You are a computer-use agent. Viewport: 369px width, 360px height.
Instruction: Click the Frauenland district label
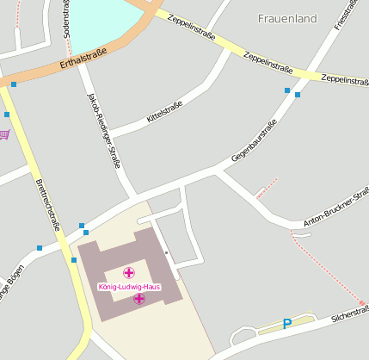(287, 18)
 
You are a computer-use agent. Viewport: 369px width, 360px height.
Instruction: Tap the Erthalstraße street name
(83, 59)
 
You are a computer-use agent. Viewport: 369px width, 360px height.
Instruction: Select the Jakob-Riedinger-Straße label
(103, 130)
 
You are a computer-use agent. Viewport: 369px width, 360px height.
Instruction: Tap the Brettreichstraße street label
(47, 205)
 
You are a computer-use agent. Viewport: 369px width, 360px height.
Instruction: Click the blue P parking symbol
(287, 324)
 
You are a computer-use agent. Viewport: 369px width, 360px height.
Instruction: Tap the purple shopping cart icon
(4, 134)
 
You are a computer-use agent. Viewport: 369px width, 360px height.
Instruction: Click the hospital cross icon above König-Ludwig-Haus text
(129, 272)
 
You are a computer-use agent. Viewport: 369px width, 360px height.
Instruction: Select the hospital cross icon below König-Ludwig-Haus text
(138, 299)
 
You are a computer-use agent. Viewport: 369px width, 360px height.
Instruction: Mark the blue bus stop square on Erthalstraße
(14, 84)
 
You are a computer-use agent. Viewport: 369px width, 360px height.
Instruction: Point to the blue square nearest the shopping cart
(7, 114)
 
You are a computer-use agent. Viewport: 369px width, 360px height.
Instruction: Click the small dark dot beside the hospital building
(166, 252)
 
